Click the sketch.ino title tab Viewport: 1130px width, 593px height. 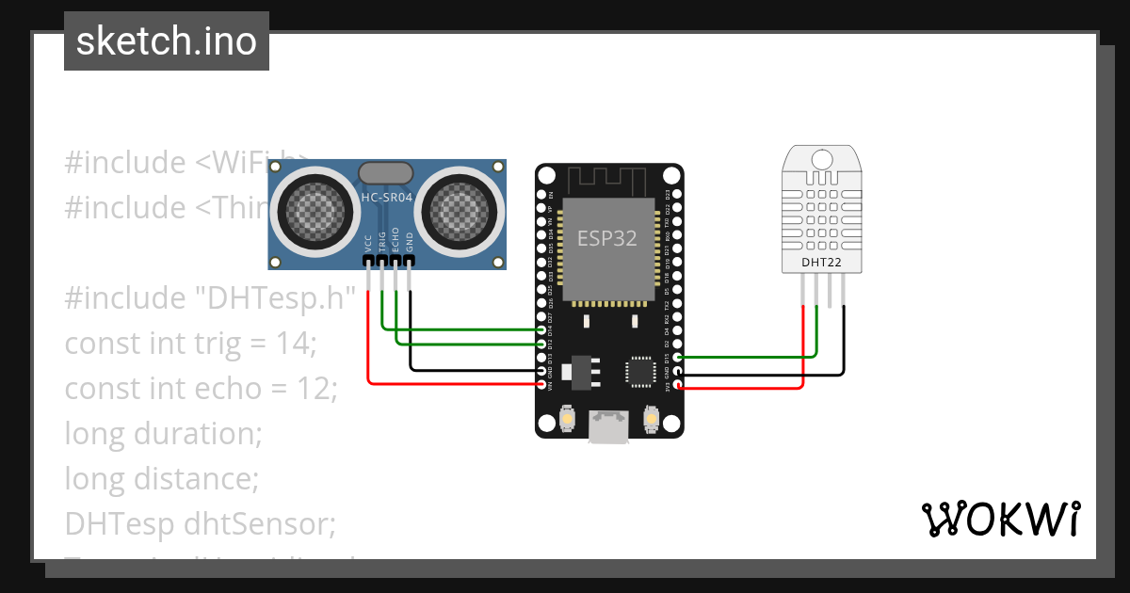pos(167,41)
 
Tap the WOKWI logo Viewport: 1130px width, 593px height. pos(1000,519)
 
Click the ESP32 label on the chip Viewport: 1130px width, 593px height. pos(607,238)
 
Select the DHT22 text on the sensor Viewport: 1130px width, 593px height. pos(821,262)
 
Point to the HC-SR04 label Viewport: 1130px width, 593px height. pos(387,198)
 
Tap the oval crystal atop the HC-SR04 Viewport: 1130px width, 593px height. pos(385,171)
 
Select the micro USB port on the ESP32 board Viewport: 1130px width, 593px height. pos(609,426)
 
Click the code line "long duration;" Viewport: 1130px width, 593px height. pos(163,434)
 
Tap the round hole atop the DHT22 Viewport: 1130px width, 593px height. pos(822,157)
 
